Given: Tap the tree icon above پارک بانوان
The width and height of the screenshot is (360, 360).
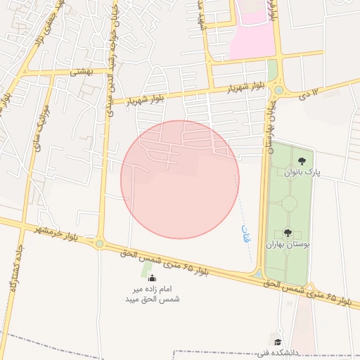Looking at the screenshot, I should point(302,161).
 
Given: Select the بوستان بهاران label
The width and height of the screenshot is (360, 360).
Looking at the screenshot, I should point(287,244).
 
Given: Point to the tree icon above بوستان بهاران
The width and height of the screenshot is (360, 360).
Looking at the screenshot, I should point(288,233).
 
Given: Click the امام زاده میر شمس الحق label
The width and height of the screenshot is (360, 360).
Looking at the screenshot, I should point(153,295).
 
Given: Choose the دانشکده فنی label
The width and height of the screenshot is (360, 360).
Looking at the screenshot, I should point(278,352).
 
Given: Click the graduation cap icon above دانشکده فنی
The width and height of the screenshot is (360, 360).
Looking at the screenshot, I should point(278,342).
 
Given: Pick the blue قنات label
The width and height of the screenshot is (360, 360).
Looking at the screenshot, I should point(245,232).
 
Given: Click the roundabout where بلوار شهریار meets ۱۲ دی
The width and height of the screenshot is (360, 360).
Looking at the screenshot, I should point(278,90).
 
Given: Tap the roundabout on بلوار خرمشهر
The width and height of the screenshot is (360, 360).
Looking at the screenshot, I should point(100,244).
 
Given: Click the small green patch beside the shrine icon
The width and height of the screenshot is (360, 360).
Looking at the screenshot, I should point(147,269).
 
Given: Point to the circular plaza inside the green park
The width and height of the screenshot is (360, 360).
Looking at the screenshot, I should point(288,205).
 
